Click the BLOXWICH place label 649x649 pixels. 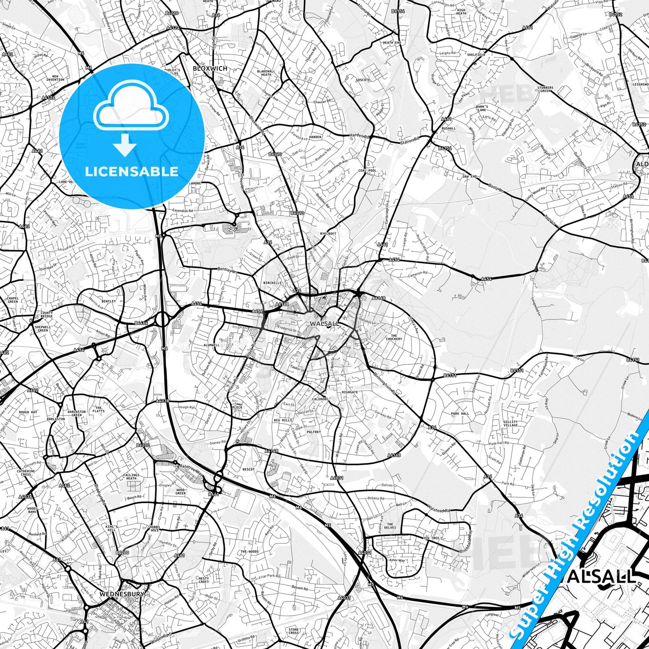click(x=210, y=68)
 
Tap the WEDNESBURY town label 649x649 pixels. click(x=122, y=594)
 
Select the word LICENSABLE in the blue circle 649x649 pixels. click(x=132, y=171)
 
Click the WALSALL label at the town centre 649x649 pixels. click(x=324, y=323)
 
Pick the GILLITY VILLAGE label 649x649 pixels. click(x=511, y=424)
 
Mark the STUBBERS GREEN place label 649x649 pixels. click(x=545, y=89)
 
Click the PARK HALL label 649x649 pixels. click(x=460, y=414)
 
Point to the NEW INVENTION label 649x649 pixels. click(x=55, y=78)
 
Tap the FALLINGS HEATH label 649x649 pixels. click(x=131, y=477)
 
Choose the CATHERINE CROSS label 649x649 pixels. click(x=25, y=473)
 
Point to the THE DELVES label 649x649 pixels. click(x=390, y=526)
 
